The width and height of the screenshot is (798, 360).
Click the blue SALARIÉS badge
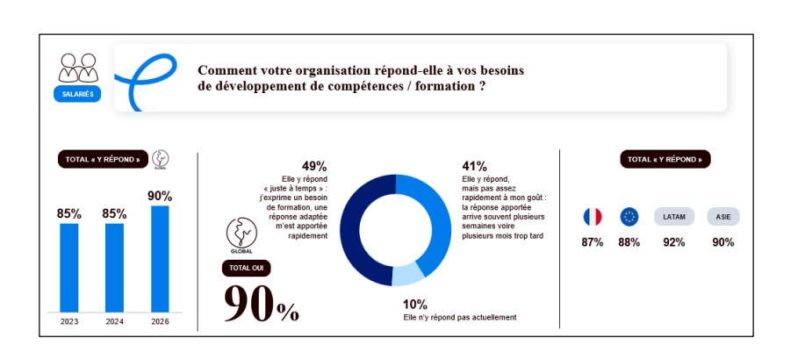point(78,92)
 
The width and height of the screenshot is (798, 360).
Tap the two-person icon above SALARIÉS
point(78,67)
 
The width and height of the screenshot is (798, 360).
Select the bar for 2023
point(69,267)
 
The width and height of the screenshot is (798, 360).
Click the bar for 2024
point(114,267)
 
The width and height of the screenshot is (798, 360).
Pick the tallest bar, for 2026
point(160,258)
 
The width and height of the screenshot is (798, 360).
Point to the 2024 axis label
point(114,321)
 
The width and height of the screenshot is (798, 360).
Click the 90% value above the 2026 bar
point(160,196)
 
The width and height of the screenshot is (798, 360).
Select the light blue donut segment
point(407,274)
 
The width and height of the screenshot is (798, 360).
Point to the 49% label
point(314,166)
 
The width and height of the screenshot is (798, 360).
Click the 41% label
point(474,166)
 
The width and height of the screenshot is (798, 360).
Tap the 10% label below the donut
point(415,305)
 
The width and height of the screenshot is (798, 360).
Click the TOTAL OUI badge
point(247,268)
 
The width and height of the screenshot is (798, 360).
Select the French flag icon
point(593,217)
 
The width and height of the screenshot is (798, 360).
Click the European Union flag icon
point(629,217)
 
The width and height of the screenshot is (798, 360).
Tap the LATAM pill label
point(674,217)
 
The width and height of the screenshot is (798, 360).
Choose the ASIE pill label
point(723,217)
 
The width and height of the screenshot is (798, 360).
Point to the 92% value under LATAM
point(674,242)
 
